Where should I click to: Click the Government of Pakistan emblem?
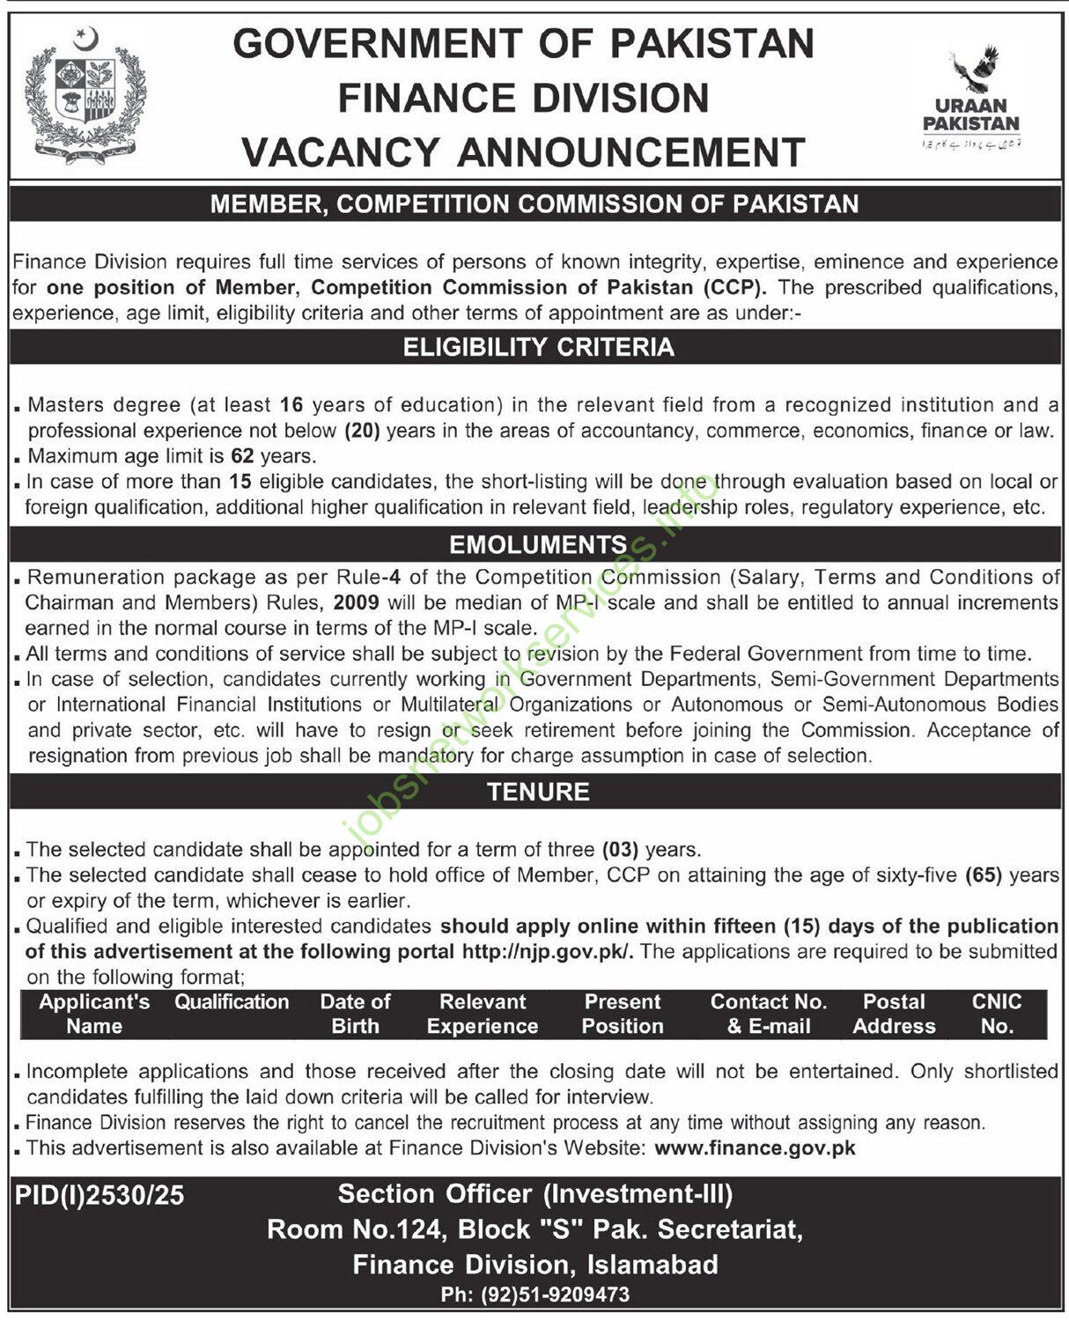pos(85,95)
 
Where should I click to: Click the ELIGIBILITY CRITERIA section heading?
pos(538,347)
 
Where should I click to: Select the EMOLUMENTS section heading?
pos(538,544)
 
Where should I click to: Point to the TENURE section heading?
pos(538,791)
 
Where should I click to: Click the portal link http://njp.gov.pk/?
pos(547,951)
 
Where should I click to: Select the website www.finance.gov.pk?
pos(755,1148)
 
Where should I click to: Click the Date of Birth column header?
pos(355,1014)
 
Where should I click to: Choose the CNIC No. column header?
pos(996,1014)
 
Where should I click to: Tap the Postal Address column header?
pos(894,1014)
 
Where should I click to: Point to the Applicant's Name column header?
pos(94,1014)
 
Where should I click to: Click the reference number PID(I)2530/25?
pos(100,1195)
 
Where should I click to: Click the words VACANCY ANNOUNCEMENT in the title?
pos(524,152)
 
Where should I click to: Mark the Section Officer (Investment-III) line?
pos(534,1194)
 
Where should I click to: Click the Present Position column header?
pos(623,1014)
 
